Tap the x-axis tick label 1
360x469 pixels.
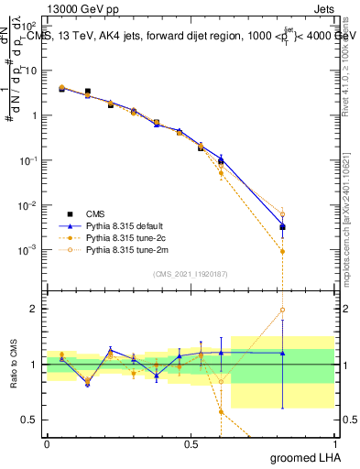[333, 443]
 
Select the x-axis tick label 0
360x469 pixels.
[48, 443]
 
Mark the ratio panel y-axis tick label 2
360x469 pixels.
[35, 309]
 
